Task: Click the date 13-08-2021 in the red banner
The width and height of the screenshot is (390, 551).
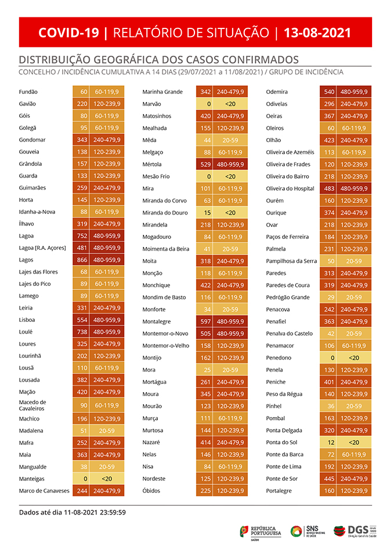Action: [317, 32]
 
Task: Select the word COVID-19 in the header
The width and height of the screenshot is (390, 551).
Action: [69, 32]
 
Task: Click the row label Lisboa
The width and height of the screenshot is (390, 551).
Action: [27, 320]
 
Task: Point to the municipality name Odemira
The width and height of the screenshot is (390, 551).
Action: [276, 92]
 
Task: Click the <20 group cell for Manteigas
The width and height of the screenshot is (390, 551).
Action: [107, 478]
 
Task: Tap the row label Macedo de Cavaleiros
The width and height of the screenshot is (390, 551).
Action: [32, 405]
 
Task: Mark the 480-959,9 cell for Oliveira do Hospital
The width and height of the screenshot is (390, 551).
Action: [353, 188]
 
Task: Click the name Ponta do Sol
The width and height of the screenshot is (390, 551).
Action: [281, 443]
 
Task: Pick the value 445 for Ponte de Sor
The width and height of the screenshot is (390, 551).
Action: [328, 478]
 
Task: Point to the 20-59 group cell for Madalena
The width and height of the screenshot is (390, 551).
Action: [107, 430]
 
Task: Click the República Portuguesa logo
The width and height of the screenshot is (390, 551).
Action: [261, 531]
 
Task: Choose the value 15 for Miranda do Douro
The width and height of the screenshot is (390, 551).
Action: [207, 212]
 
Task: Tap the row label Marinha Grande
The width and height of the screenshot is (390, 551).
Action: [162, 92]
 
